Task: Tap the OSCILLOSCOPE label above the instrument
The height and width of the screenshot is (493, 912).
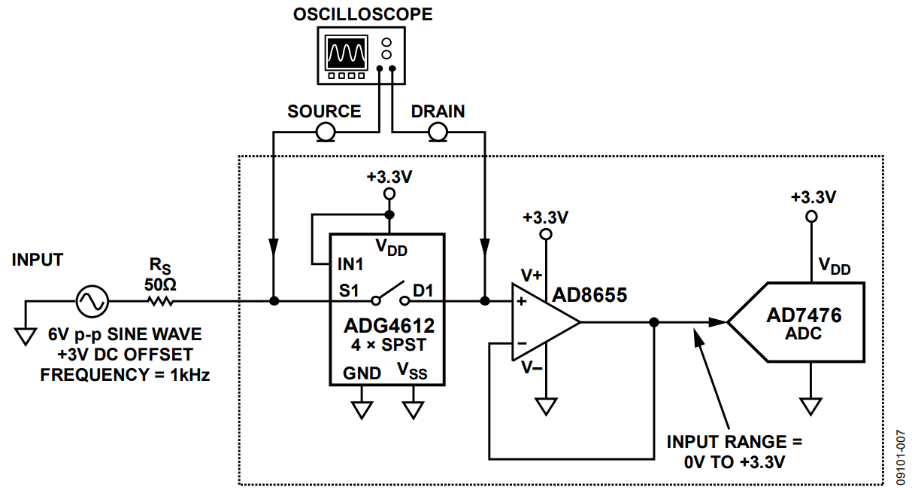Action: [362, 14]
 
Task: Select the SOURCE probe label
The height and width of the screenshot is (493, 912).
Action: [324, 111]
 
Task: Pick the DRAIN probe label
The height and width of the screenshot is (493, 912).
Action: [438, 111]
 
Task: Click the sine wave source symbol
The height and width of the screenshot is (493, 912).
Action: [92, 302]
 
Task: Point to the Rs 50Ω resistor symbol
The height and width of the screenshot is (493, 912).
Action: [160, 302]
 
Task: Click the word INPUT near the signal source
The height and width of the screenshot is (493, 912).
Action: [38, 260]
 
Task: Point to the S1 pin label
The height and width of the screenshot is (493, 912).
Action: [350, 289]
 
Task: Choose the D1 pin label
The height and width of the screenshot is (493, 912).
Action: [424, 289]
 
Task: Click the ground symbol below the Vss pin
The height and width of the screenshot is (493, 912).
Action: [413, 409]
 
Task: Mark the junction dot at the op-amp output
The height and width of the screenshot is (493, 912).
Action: [654, 322]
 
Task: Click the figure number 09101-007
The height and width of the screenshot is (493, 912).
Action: [901, 456]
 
